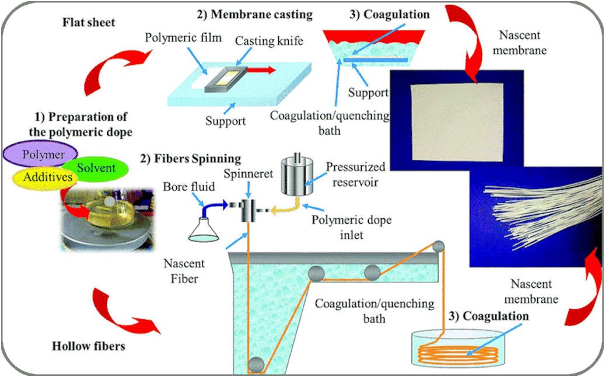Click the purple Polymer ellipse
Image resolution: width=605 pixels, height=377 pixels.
click(x=40, y=153)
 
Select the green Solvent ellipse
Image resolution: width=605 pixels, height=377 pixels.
click(x=95, y=168)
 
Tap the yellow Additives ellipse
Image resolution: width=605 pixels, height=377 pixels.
click(x=46, y=177)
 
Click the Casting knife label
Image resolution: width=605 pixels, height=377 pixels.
click(x=269, y=41)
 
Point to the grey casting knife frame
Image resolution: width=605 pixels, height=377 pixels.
click(x=226, y=79)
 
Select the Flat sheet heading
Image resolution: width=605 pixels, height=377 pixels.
click(x=89, y=22)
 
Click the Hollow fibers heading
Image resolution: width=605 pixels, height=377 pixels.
click(x=89, y=346)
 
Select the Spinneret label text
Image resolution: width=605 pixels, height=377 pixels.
click(x=248, y=174)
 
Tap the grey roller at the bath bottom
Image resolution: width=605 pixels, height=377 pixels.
click(x=256, y=364)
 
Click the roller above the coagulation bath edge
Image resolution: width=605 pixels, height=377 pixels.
click(x=438, y=247)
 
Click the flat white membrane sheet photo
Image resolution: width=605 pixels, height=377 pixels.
click(x=457, y=122)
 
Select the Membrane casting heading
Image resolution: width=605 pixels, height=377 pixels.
click(x=254, y=15)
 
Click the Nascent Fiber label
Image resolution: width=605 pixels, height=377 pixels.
click(x=184, y=271)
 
